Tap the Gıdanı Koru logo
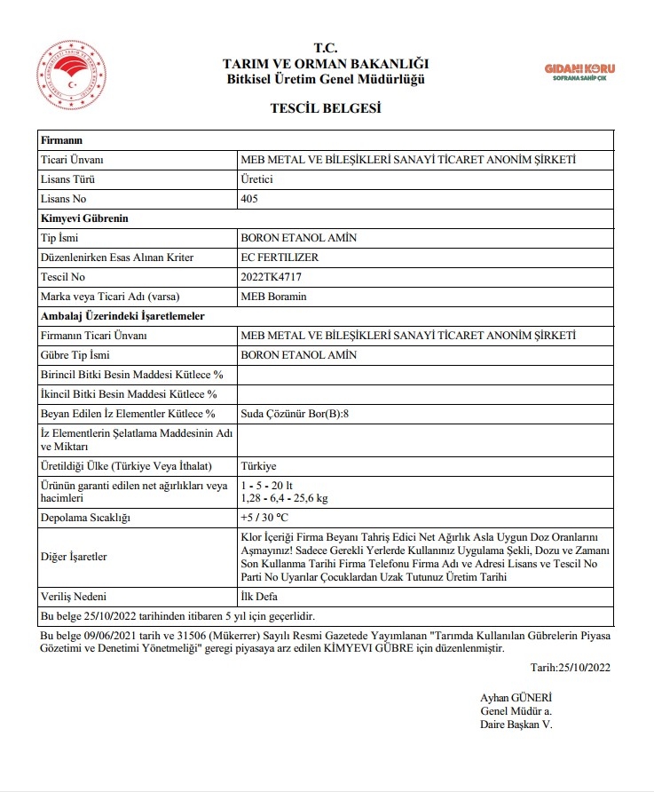[x=579, y=72]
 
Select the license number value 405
[x=249, y=199]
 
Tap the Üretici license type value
[x=257, y=179]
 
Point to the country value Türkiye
[x=259, y=466]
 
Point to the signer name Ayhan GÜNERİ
[x=516, y=697]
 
